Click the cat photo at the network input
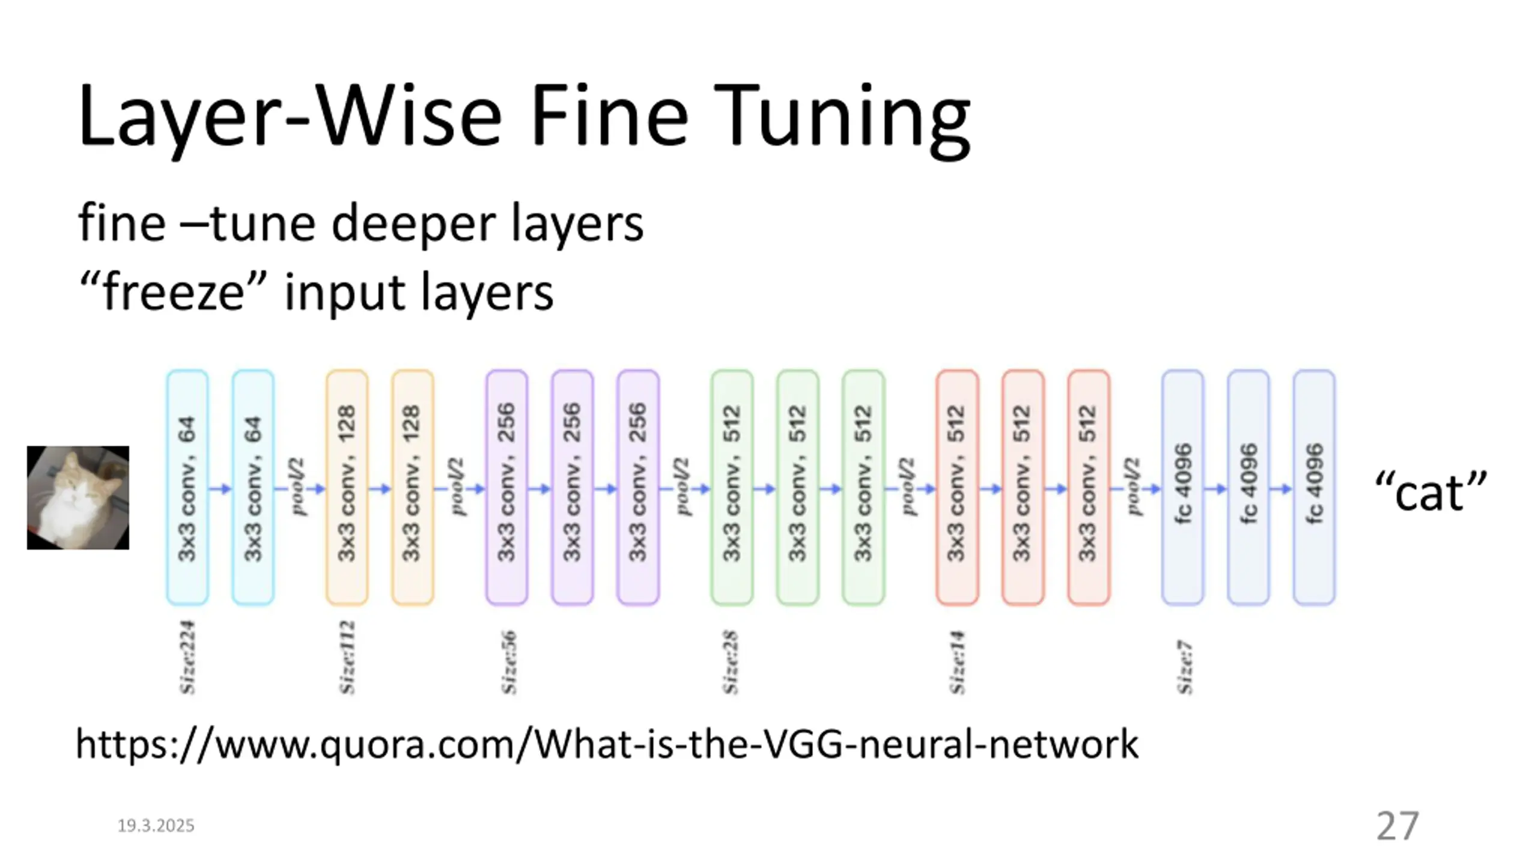[x=78, y=497]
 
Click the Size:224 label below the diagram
[x=188, y=657]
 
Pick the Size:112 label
[x=347, y=657]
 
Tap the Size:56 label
[x=508, y=662]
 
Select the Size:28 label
[x=731, y=662]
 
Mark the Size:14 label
[x=957, y=662]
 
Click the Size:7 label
[x=1184, y=667]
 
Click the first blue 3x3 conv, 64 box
[x=187, y=488]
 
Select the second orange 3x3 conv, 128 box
[x=412, y=488]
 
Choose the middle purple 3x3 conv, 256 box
[x=572, y=488]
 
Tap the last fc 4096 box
[x=1314, y=488]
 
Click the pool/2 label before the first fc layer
[x=1133, y=487]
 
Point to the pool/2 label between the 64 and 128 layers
[x=298, y=487]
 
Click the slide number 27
[x=1397, y=826]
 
